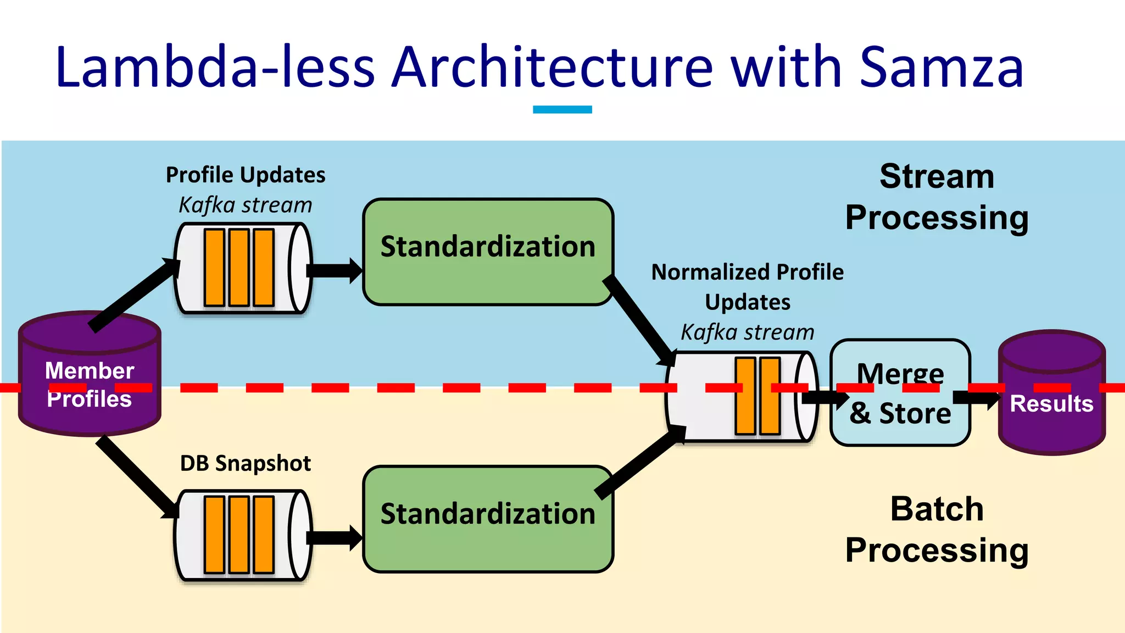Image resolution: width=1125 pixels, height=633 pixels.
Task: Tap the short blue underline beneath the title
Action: point(562,109)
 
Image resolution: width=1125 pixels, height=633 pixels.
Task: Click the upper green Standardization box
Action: point(488,252)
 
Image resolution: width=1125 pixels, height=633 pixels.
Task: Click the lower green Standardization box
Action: point(488,519)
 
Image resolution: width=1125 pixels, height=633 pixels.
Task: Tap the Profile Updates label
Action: point(246,175)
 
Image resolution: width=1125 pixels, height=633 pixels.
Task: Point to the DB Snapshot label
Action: point(246,463)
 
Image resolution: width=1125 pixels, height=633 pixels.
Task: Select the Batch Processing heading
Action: point(937,529)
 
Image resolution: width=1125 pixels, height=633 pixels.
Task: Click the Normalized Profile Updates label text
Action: point(747,287)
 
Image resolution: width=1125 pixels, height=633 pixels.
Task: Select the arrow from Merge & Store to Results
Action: point(977,398)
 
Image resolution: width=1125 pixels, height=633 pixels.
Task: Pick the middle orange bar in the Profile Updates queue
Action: point(240,268)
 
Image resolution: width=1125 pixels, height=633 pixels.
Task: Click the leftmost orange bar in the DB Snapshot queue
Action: point(214,535)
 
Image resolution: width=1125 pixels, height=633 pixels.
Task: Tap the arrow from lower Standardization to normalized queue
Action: point(641,462)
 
